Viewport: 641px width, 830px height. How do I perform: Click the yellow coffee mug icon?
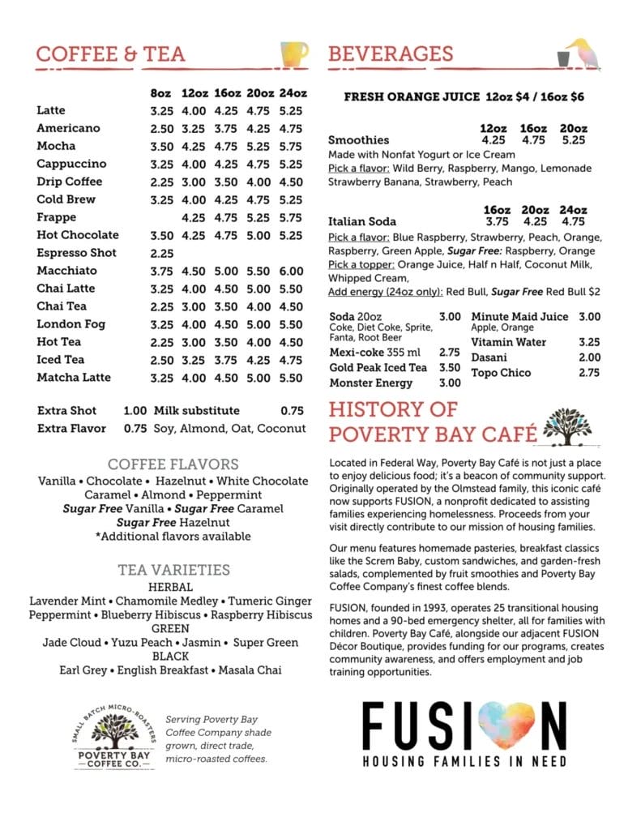(294, 53)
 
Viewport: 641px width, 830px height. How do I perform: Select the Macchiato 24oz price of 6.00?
(293, 271)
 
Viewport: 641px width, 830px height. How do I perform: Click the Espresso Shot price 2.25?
(162, 253)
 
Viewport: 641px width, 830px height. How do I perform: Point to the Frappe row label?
(57, 217)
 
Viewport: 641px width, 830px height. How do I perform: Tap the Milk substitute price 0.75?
(292, 411)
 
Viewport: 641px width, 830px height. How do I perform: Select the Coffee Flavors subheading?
(173, 464)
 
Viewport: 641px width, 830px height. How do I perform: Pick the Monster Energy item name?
(371, 383)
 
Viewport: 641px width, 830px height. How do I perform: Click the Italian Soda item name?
(362, 221)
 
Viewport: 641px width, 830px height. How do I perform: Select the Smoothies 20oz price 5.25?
(573, 139)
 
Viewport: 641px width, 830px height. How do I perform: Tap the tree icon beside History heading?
(568, 425)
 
